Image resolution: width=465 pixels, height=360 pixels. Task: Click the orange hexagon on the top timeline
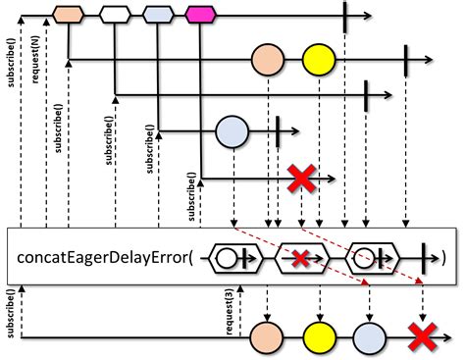tap(67, 15)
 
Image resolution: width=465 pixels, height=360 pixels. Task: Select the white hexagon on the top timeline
tap(115, 15)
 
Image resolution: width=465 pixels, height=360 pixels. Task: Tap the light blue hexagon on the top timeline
tap(157, 15)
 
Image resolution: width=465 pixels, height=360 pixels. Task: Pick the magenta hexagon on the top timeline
tap(201, 15)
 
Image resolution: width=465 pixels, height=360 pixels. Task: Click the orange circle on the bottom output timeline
tap(267, 336)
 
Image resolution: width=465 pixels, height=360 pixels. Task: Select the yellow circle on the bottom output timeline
tap(317, 336)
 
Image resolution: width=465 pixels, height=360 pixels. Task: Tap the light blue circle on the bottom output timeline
tap(367, 336)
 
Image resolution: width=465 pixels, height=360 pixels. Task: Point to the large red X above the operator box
tap(301, 179)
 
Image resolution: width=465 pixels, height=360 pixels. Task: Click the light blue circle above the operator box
tap(232, 129)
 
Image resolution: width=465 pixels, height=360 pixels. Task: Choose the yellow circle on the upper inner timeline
tap(318, 59)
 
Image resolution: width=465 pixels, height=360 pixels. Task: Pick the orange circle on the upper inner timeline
tap(268, 59)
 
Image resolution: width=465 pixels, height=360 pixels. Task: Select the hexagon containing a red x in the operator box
tap(300, 258)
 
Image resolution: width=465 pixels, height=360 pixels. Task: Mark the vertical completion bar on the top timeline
tap(345, 15)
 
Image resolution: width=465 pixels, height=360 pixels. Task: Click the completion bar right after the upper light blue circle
tap(279, 129)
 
